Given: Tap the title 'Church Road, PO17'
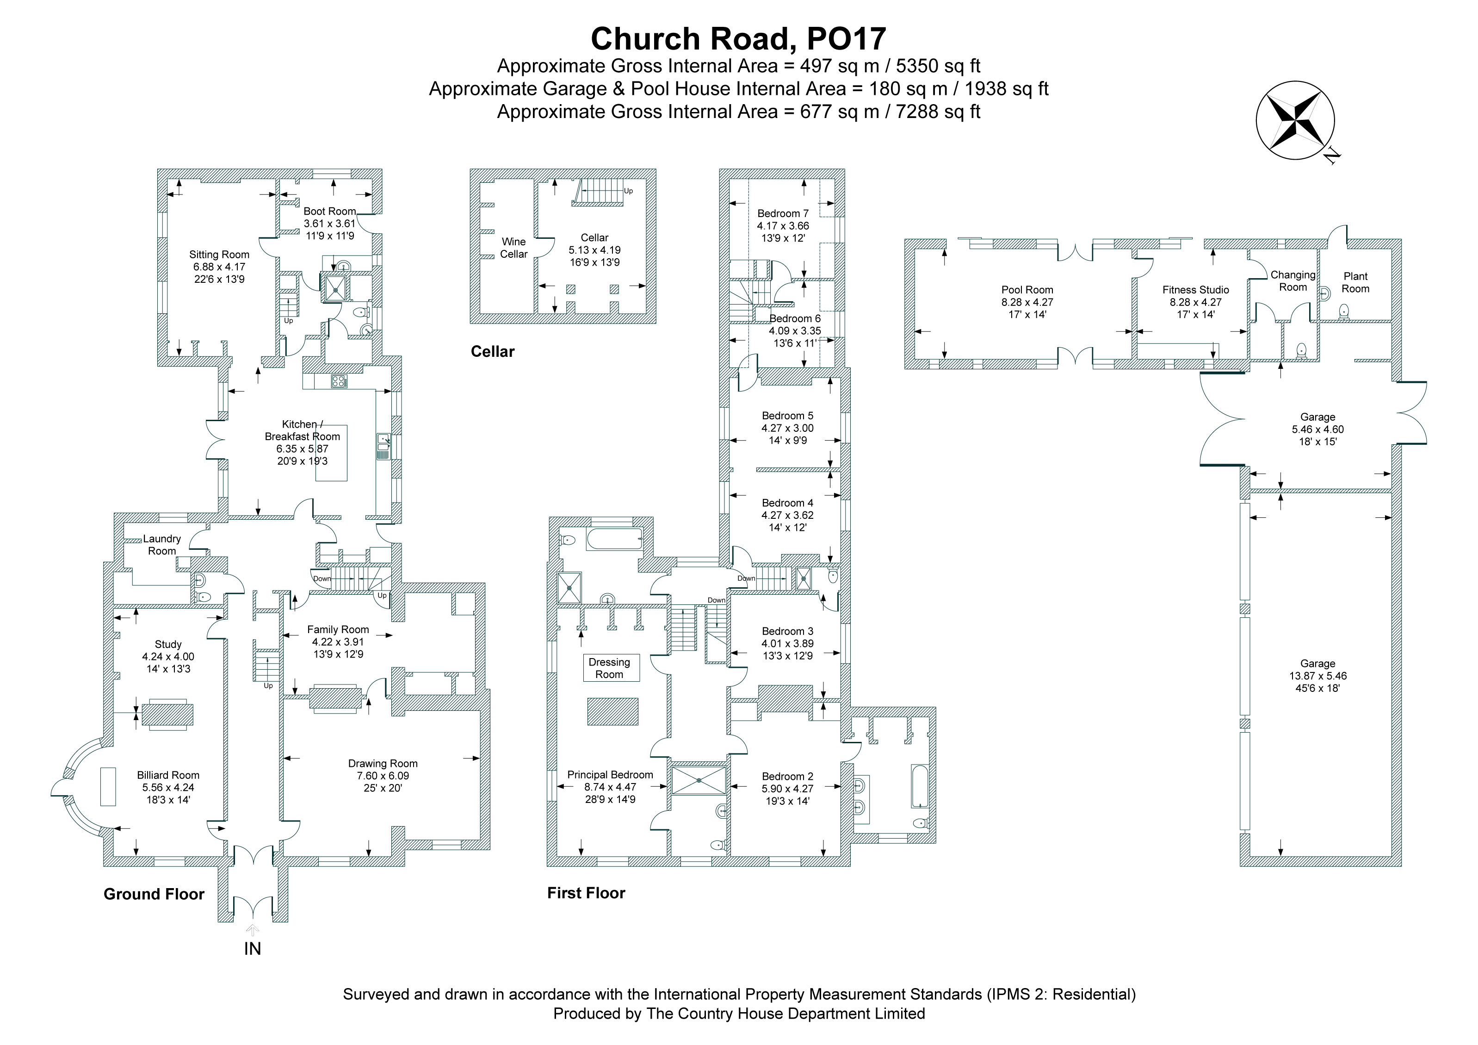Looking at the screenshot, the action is pyautogui.click(x=738, y=38).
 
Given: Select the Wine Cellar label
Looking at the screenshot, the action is pyautogui.click(x=513, y=248).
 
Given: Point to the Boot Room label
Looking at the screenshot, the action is pyautogui.click(x=329, y=211).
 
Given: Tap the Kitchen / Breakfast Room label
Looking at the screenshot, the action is pyautogui.click(x=303, y=430).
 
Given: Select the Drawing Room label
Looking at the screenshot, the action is pyautogui.click(x=383, y=764).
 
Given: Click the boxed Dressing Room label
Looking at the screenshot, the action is pyautogui.click(x=609, y=668).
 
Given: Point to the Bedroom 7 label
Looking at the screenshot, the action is pyautogui.click(x=783, y=213).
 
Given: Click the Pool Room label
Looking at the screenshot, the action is pyautogui.click(x=1027, y=290).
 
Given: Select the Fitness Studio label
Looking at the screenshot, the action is pyautogui.click(x=1195, y=290).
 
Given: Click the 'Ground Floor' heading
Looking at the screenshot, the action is pyautogui.click(x=154, y=894).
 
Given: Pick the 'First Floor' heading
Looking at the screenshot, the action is pyautogui.click(x=586, y=893).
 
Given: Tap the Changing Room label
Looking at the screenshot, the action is pyautogui.click(x=1292, y=281).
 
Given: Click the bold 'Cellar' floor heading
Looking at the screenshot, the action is pyautogui.click(x=493, y=352).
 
